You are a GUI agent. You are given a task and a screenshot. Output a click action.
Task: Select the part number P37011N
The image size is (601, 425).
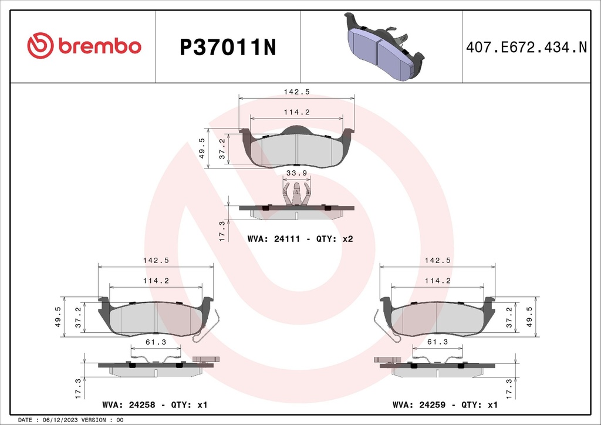[227, 47]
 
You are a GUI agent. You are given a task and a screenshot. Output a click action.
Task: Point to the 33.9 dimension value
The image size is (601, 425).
[296, 173]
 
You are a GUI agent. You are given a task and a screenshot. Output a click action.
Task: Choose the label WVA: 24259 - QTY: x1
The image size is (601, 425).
[445, 405]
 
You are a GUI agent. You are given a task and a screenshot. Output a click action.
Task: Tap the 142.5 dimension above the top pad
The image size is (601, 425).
[296, 91]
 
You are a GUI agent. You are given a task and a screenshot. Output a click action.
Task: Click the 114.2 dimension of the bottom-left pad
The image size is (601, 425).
[156, 281]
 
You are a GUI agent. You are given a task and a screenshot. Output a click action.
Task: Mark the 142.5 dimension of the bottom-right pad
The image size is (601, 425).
[437, 260]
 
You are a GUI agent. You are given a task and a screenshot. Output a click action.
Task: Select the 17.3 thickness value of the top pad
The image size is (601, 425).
[222, 230]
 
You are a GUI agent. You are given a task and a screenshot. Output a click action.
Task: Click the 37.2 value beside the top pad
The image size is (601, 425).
[222, 149]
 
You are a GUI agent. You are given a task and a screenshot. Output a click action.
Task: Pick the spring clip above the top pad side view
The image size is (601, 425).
[296, 193]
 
